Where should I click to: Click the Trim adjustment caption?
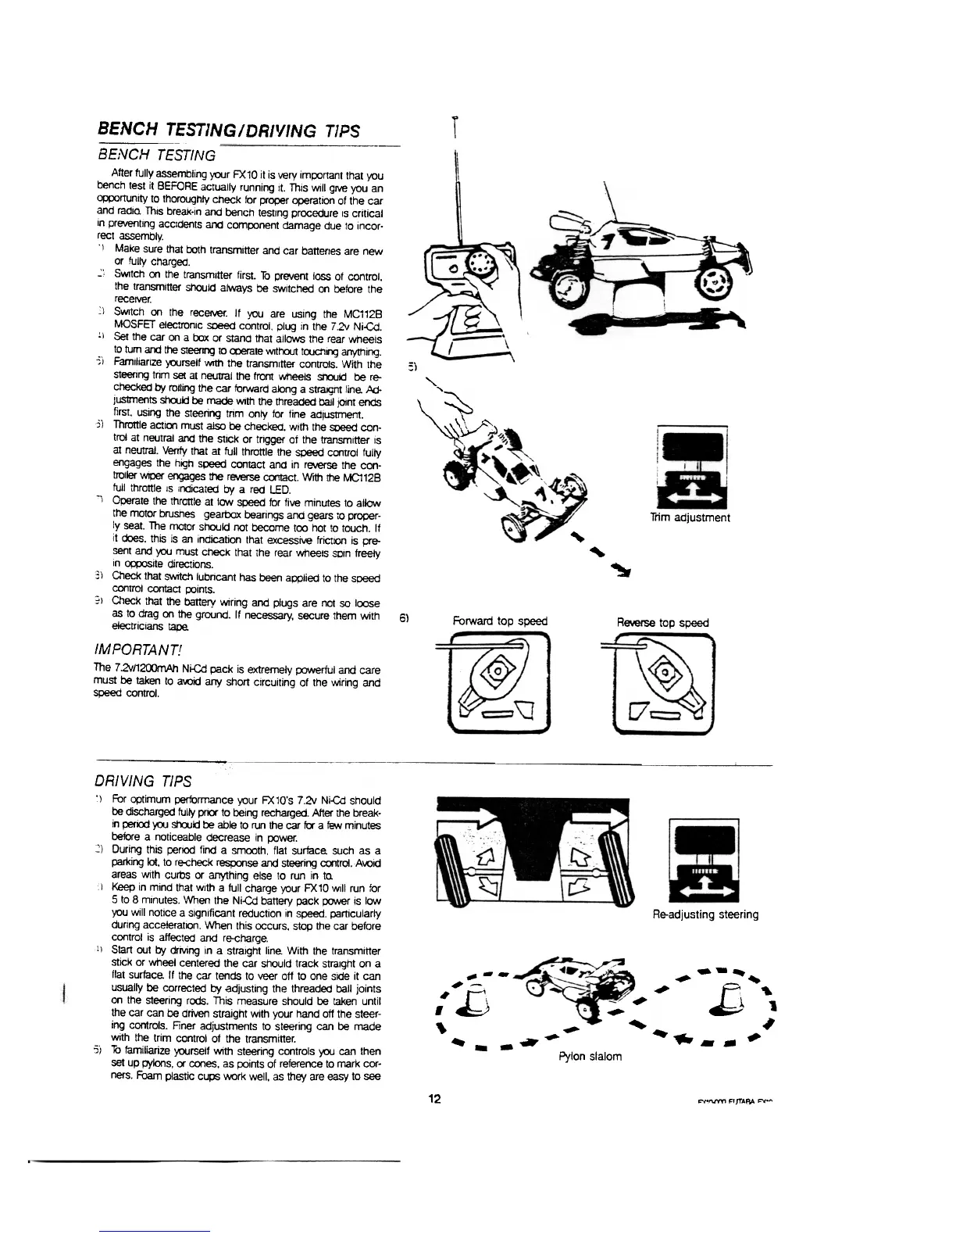pyautogui.click(x=690, y=517)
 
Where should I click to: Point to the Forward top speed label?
pyautogui.click(x=500, y=621)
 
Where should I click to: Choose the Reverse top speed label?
pyautogui.click(x=662, y=622)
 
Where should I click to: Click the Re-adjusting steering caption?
pyautogui.click(x=705, y=914)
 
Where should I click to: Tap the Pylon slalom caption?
pyautogui.click(x=590, y=1056)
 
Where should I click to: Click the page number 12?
pyautogui.click(x=434, y=1099)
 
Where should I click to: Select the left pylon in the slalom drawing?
pyautogui.click(x=476, y=1001)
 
